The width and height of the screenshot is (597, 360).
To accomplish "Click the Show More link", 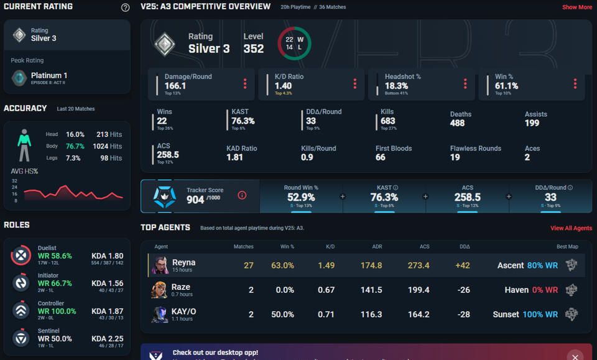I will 576,7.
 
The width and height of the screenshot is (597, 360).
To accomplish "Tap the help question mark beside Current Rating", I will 125,8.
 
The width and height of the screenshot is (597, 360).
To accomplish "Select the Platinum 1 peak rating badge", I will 20,77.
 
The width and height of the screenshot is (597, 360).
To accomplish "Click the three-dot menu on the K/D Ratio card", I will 355,84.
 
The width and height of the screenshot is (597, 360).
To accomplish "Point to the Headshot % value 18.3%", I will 396,86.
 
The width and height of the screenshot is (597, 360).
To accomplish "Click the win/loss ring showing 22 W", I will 294,44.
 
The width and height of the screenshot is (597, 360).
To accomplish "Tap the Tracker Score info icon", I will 242,195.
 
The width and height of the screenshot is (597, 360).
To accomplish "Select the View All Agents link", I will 571,229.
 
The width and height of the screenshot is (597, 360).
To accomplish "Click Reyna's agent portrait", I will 160,265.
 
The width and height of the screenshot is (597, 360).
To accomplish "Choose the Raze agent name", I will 181,287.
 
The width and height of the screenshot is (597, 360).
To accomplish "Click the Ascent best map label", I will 510,265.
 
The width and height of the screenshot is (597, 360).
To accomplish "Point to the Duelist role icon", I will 21,255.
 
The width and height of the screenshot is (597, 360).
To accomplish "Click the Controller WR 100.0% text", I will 57,312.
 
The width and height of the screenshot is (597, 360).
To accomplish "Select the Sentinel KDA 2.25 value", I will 108,339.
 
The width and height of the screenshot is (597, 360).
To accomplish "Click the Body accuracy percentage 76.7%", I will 75,147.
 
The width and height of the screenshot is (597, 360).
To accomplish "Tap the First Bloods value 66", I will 381,158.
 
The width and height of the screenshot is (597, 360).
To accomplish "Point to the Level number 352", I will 254,48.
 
